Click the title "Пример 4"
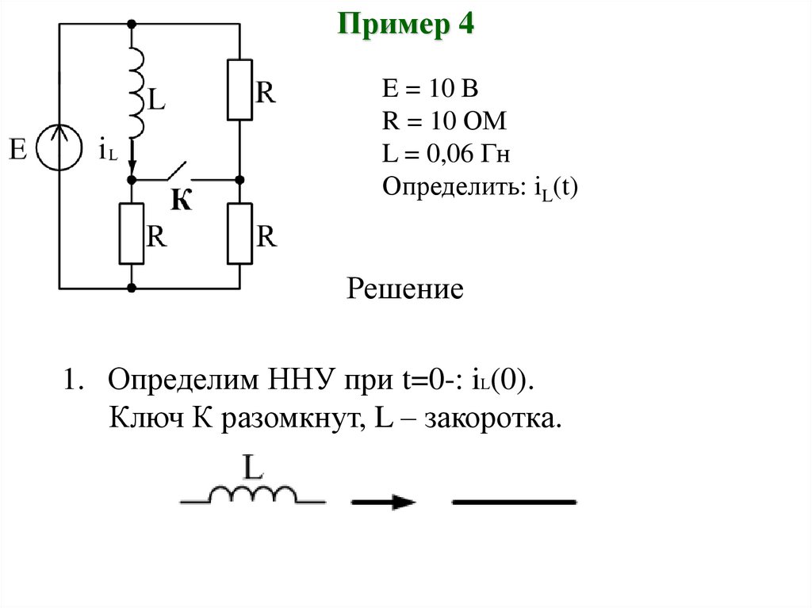coord(406,25)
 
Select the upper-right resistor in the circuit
coord(239,90)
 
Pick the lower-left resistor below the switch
coord(132,234)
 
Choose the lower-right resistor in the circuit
coord(239,234)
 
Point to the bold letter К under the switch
coord(182,201)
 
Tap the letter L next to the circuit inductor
coord(156,101)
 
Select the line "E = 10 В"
coord(431,89)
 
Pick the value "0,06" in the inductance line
coord(450,155)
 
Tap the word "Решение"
coord(404,289)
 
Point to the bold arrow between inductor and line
coord(384,501)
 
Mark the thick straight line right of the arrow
coord(513,502)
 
